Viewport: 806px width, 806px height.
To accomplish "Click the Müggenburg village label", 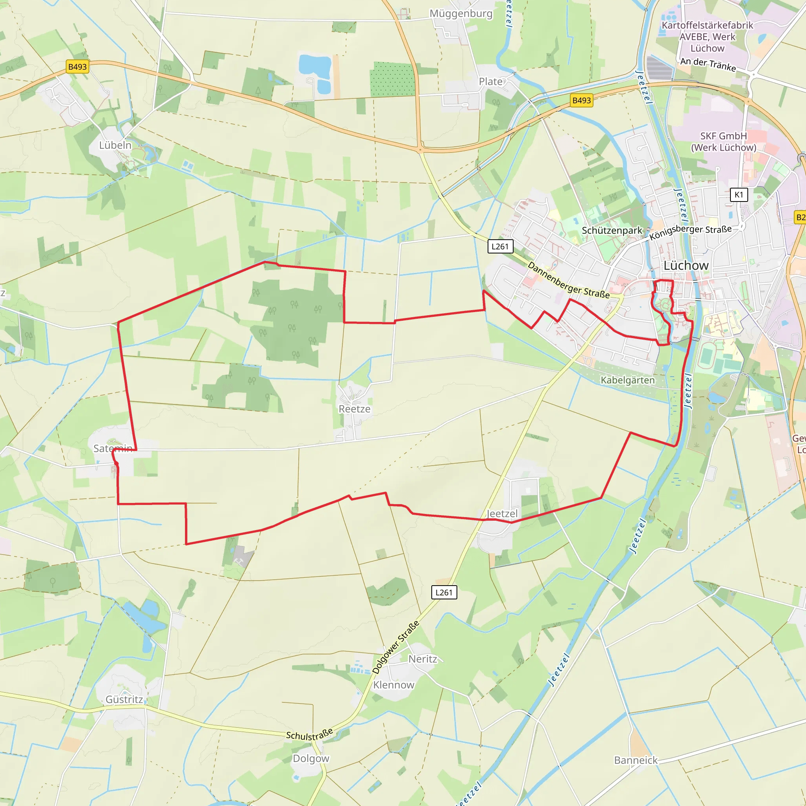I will [461, 14].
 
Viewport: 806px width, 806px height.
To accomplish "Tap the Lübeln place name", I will [115, 145].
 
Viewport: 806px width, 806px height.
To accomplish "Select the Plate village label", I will [491, 82].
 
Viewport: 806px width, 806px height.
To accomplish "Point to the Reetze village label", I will [355, 409].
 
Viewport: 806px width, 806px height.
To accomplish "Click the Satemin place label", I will [113, 449].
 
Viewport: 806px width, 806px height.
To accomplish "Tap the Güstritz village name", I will [124, 700].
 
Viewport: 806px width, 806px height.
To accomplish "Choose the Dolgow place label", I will [311, 758].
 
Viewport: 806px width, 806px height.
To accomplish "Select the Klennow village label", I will [394, 685].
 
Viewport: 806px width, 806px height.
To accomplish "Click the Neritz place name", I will [423, 659].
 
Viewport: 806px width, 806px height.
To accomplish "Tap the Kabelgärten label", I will [627, 380].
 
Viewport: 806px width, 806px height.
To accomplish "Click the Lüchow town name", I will [686, 266].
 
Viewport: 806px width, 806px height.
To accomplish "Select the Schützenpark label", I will [612, 231].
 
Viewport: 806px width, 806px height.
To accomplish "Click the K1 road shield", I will [739, 195].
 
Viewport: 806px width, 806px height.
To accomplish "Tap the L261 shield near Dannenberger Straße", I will [500, 246].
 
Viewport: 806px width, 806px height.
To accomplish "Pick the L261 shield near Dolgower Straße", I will [444, 592].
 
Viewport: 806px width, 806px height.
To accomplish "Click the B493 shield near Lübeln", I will [78, 67].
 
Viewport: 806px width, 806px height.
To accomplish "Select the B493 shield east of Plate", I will [582, 100].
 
